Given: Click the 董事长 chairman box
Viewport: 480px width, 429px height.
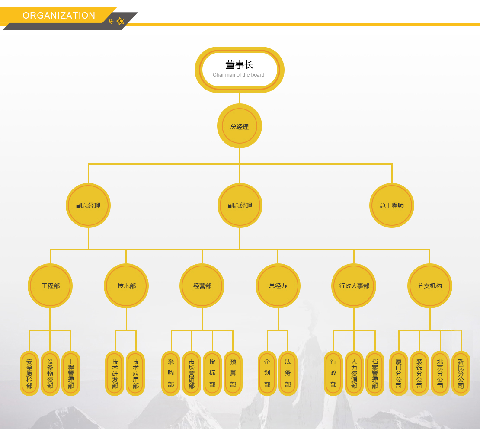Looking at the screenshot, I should [239, 69].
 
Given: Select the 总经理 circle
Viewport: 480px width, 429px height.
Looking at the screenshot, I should [240, 126].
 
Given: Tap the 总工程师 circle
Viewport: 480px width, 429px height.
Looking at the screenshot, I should [392, 205].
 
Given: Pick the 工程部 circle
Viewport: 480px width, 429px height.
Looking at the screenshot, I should [50, 286].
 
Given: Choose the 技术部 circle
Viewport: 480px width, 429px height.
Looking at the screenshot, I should [126, 286].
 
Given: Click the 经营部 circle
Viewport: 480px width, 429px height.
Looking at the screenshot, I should [202, 286].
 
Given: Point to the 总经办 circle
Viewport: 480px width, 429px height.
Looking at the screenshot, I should [278, 286].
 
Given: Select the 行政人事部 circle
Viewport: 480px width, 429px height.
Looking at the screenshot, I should [354, 286].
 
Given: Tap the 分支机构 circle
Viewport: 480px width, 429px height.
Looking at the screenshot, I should [429, 286].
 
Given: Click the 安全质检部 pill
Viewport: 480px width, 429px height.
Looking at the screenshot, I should [29, 373].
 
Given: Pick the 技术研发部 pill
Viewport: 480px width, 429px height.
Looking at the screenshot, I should [115, 373].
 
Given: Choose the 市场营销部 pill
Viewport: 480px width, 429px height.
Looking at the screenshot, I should [192, 373].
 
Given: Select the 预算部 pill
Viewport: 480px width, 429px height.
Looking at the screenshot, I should [233, 373].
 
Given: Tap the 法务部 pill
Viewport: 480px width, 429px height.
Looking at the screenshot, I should [288, 373].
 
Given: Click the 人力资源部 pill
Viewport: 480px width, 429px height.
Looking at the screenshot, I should [354, 373].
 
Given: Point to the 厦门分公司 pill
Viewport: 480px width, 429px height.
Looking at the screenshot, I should [399, 373].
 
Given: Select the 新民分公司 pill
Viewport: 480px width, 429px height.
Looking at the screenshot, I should [461, 373].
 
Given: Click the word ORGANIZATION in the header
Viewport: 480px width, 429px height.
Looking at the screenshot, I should [59, 16].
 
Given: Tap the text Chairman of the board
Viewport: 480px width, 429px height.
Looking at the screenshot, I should [238, 75].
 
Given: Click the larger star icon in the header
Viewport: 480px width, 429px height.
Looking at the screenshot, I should [121, 21].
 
